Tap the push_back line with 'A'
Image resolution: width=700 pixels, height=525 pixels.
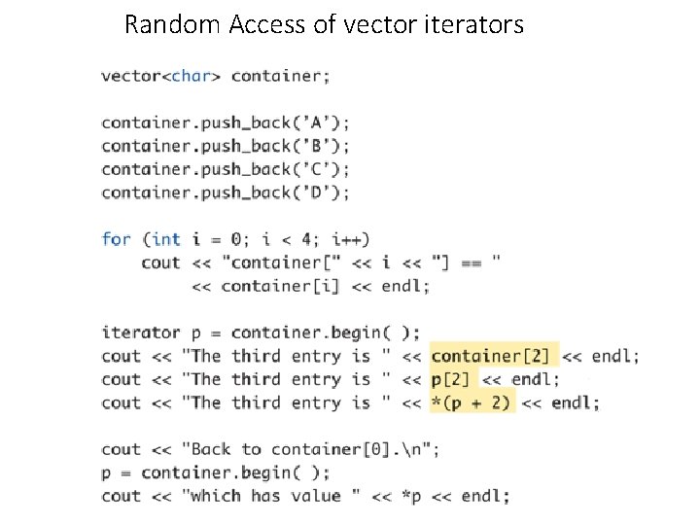(226, 122)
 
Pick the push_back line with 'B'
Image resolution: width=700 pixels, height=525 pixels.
(226, 146)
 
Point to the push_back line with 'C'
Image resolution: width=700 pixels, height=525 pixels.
(226, 169)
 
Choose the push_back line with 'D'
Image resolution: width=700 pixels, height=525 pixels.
(226, 192)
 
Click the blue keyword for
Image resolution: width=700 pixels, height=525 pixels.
(116, 239)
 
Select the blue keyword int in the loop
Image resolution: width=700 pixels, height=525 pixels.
(165, 239)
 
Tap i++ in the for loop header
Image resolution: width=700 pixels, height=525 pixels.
(350, 239)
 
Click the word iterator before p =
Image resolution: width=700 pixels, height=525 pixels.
(141, 332)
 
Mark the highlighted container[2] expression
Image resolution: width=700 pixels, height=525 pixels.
(489, 356)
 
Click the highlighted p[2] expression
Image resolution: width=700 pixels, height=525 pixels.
(450, 379)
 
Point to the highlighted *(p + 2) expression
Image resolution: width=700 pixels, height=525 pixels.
(471, 402)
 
